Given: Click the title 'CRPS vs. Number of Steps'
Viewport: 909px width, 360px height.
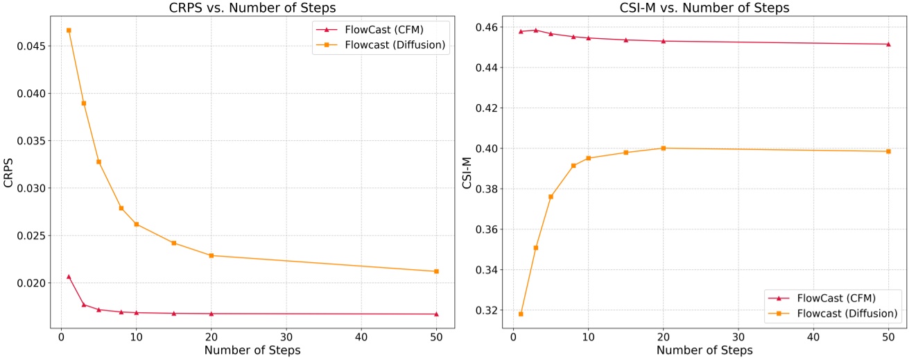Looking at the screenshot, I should coord(252,8).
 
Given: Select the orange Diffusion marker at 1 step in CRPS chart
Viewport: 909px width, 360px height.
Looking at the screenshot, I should coord(69,31).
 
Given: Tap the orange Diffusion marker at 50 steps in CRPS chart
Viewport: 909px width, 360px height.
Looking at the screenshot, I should coord(436,271).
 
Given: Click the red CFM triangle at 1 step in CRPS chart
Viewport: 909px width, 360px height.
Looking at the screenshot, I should coord(69,277).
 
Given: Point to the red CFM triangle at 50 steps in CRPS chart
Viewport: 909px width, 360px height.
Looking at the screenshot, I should coord(436,314).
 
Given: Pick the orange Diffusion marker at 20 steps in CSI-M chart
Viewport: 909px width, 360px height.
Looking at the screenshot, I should coord(664,148).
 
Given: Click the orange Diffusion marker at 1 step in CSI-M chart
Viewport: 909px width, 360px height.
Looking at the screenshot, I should coord(521,314).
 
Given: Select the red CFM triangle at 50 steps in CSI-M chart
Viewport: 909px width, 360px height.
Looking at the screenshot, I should coord(888,44).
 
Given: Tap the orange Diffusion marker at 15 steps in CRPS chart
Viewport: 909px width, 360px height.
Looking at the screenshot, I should coord(173,243).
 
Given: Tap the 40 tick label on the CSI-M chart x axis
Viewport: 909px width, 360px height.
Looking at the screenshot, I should coord(813,336).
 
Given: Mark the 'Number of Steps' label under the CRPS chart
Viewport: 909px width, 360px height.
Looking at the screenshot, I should coord(252,350).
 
